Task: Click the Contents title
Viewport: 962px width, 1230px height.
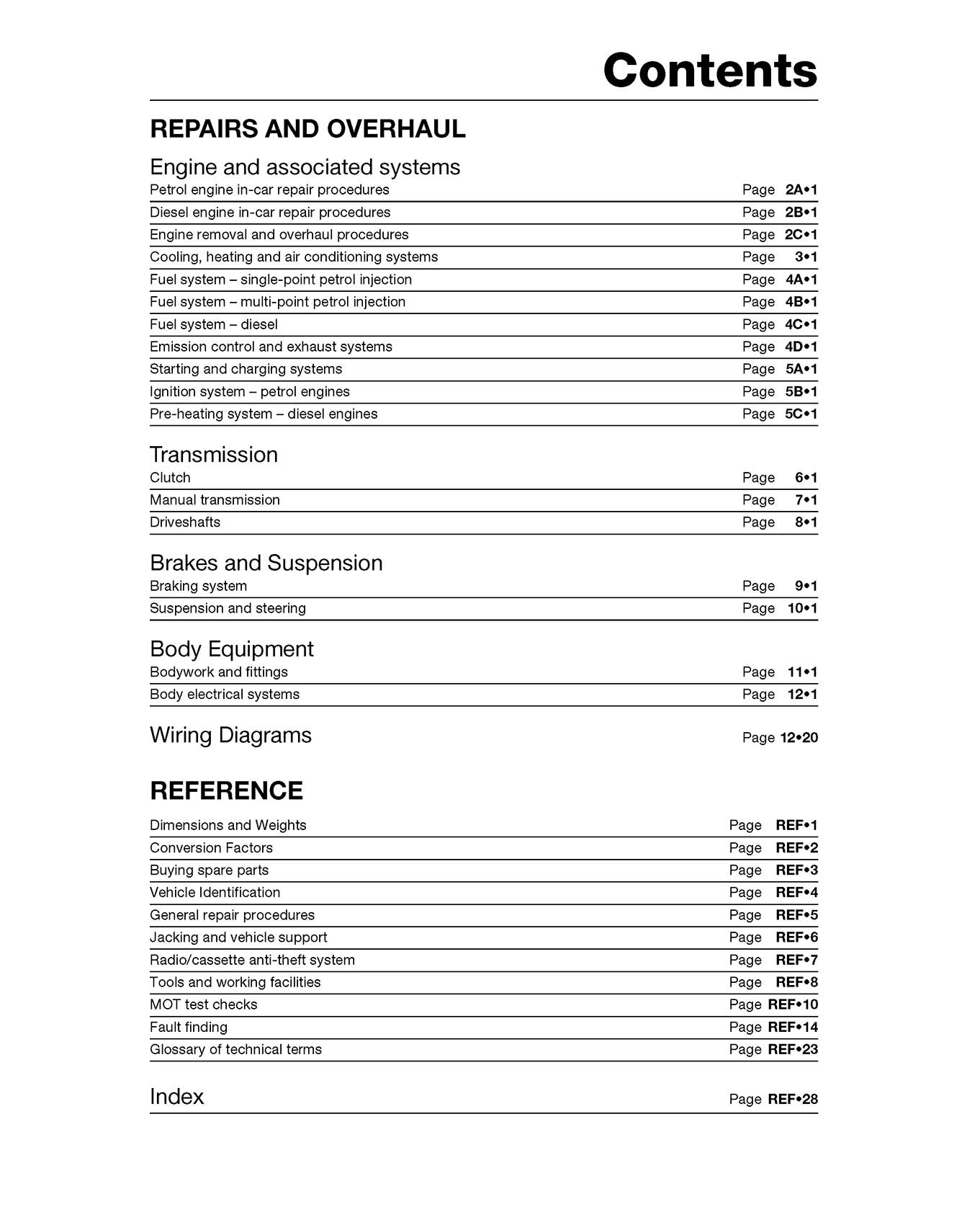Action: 710,71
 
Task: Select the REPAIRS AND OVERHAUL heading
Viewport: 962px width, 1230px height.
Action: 307,129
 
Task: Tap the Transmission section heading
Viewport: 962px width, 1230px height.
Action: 214,455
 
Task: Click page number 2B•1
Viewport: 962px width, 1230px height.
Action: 801,213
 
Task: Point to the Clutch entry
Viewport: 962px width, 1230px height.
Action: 170,478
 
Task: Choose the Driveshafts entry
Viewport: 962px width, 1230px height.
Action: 185,522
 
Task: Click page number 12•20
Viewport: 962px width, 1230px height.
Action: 799,737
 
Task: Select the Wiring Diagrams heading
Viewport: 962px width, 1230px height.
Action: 230,735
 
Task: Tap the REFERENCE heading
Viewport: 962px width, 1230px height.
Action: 226,790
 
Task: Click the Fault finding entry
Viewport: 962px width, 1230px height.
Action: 189,1027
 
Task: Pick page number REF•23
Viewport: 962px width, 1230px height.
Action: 792,1049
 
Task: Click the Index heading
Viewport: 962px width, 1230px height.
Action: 177,1097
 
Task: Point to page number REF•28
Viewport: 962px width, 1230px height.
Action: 792,1099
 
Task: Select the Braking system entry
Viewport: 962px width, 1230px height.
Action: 198,587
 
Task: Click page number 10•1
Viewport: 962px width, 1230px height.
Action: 802,608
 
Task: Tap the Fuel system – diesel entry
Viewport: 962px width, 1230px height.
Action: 214,324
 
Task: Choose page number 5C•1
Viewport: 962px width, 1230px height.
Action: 801,414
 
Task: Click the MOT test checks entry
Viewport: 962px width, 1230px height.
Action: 203,1004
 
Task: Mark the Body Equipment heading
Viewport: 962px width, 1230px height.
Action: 231,649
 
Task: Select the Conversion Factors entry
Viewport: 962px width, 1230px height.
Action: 211,848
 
